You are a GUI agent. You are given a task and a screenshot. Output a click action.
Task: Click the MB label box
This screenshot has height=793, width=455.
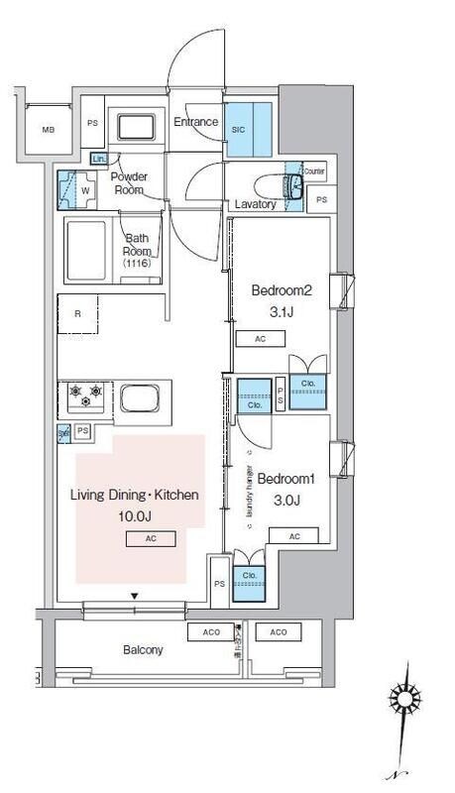coord(48,130)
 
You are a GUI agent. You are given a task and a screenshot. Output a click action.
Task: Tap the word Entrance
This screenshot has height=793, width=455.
coord(195,123)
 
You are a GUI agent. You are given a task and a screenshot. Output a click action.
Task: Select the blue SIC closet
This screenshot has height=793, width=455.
coord(241,129)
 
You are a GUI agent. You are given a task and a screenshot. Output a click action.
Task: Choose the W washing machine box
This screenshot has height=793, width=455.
coord(83,189)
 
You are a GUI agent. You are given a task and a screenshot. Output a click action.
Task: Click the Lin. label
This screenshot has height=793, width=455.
coord(98,159)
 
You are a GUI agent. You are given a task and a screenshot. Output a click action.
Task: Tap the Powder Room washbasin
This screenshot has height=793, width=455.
coord(138,129)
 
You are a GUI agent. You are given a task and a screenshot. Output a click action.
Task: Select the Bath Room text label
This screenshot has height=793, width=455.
coord(136,244)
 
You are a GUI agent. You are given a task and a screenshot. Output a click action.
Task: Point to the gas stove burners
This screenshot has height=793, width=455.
coord(85,396)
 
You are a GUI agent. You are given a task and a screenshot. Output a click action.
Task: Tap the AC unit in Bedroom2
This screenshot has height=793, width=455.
coord(260,339)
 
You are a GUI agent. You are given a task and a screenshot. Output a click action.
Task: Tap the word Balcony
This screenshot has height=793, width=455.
coord(143,650)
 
